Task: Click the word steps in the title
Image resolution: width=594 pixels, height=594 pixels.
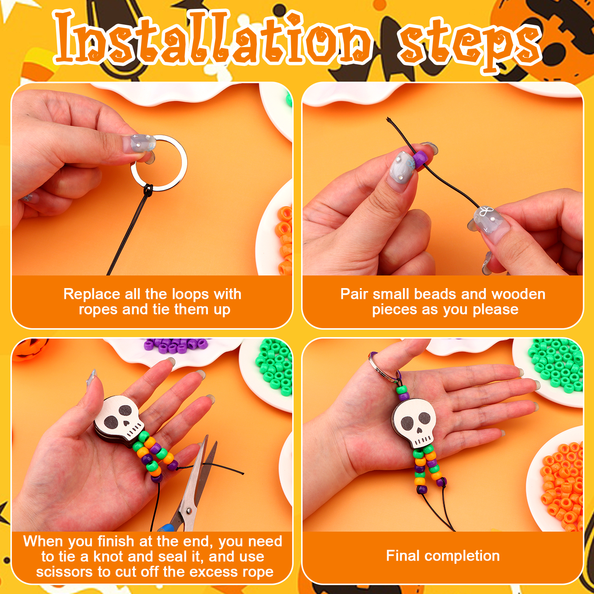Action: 470,43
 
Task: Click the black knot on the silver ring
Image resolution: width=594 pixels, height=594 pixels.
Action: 148,190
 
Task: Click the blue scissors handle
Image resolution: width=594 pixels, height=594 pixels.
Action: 166,527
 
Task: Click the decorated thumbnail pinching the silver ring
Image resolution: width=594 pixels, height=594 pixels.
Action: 139,143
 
